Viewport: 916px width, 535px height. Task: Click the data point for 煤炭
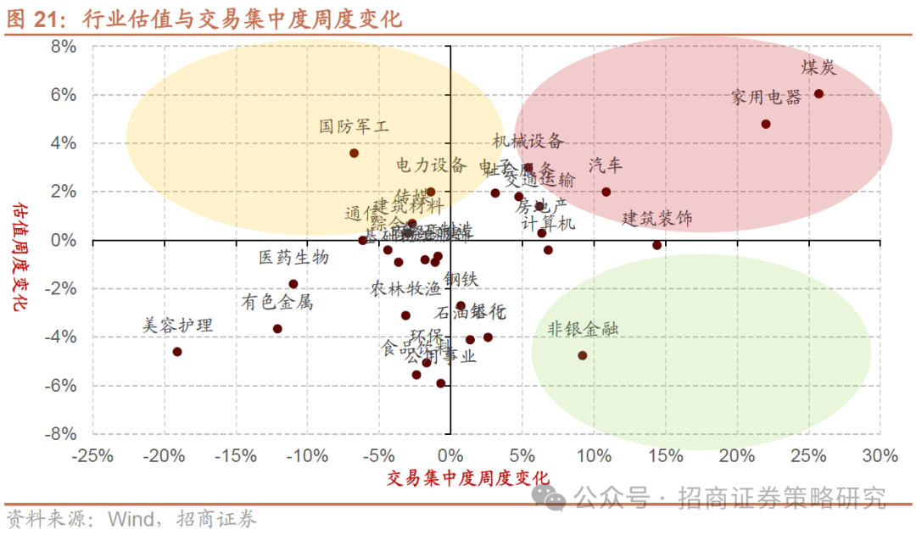(818, 94)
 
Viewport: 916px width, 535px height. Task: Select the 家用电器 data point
(766, 124)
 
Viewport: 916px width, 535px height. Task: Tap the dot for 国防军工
(354, 153)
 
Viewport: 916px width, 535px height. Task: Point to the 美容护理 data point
(177, 352)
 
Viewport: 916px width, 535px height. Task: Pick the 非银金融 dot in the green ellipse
(583, 355)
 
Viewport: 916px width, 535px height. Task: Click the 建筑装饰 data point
(656, 245)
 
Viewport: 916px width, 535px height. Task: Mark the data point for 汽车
(606, 192)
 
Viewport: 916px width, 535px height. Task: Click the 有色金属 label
(277, 301)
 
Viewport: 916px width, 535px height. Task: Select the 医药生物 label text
(294, 257)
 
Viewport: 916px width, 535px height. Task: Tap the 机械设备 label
(528, 142)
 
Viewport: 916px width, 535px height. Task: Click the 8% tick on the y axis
(64, 47)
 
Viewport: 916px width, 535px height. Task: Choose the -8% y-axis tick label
(60, 433)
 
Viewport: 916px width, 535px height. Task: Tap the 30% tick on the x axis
(880, 456)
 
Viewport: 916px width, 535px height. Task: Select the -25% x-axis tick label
(93, 456)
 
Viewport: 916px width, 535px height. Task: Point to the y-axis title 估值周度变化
(19, 255)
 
